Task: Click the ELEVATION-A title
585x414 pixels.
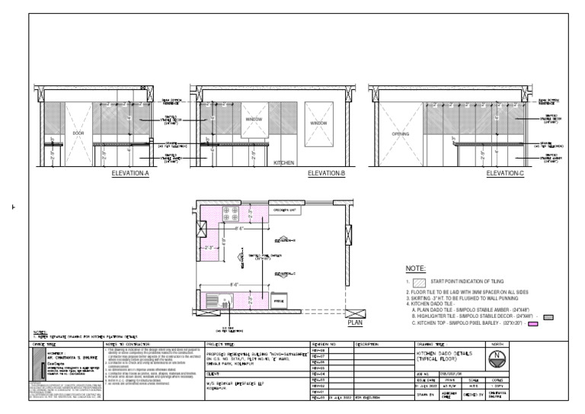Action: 129,174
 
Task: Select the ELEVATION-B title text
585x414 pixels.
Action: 327,174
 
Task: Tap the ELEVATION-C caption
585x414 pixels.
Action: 505,174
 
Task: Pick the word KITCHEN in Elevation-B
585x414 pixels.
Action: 283,162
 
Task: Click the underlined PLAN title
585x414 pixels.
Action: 355,323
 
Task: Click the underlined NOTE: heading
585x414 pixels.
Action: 415,269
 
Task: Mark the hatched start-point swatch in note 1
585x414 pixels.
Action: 417,282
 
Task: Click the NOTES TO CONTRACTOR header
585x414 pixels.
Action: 123,345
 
